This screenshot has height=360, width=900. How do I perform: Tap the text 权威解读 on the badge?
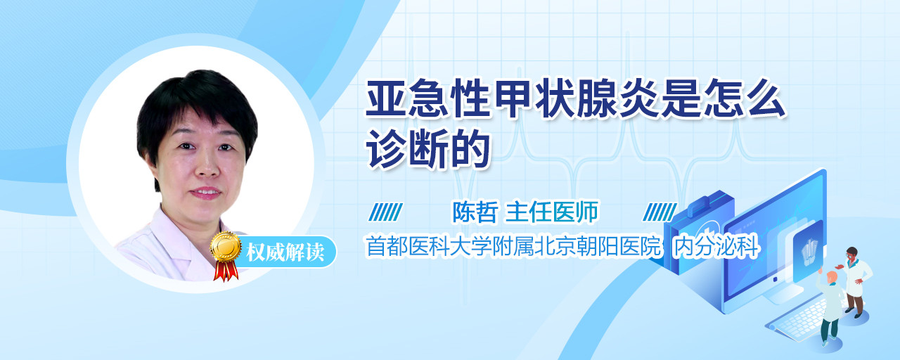pyautogui.click(x=285, y=252)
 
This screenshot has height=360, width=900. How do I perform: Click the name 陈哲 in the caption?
pyautogui.click(x=475, y=212)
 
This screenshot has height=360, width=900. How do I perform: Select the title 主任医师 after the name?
pyautogui.click(x=552, y=212)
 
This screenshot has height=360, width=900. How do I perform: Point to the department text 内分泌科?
pyautogui.click(x=716, y=247)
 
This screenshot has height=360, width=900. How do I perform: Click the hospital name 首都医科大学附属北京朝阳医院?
pyautogui.click(x=513, y=246)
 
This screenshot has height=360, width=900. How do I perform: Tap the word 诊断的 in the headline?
pyautogui.click(x=427, y=148)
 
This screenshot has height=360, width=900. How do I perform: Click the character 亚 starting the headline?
pyautogui.click(x=386, y=98)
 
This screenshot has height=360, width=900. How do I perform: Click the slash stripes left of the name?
pyautogui.click(x=386, y=212)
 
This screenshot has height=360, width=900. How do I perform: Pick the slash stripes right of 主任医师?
pyautogui.click(x=660, y=212)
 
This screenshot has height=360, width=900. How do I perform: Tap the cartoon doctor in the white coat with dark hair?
pyautogui.click(x=855, y=282)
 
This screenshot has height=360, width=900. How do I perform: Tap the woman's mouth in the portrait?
pyautogui.click(x=206, y=193)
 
